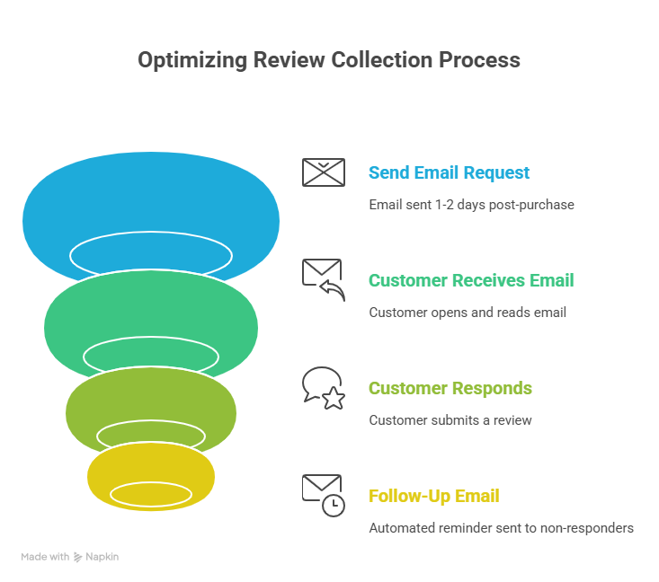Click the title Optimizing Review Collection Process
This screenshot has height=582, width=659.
pyautogui.click(x=329, y=60)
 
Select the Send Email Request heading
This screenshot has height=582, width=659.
pyautogui.click(x=449, y=172)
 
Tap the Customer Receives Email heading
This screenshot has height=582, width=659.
pyautogui.click(x=470, y=280)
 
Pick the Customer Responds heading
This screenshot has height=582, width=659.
pyautogui.click(x=450, y=388)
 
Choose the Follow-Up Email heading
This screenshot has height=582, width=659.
pyautogui.click(x=433, y=496)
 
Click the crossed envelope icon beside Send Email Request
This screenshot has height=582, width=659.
pyautogui.click(x=323, y=172)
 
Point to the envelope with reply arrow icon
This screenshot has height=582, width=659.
pyautogui.click(x=323, y=279)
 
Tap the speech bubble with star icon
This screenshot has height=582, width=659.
pyautogui.click(x=323, y=388)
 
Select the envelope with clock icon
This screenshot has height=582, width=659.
pyautogui.click(x=323, y=495)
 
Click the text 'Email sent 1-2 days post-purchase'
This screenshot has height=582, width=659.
pyautogui.click(x=471, y=205)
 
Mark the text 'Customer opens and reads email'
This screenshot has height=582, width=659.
pyautogui.click(x=468, y=313)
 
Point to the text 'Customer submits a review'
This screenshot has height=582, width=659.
pyautogui.click(x=450, y=420)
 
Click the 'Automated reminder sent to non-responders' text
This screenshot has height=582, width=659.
pyautogui.click(x=501, y=528)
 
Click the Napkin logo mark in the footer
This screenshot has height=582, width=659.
pyautogui.click(x=78, y=557)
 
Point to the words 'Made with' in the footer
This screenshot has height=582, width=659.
pyautogui.click(x=45, y=557)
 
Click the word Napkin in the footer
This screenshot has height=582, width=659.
pyautogui.click(x=102, y=557)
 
